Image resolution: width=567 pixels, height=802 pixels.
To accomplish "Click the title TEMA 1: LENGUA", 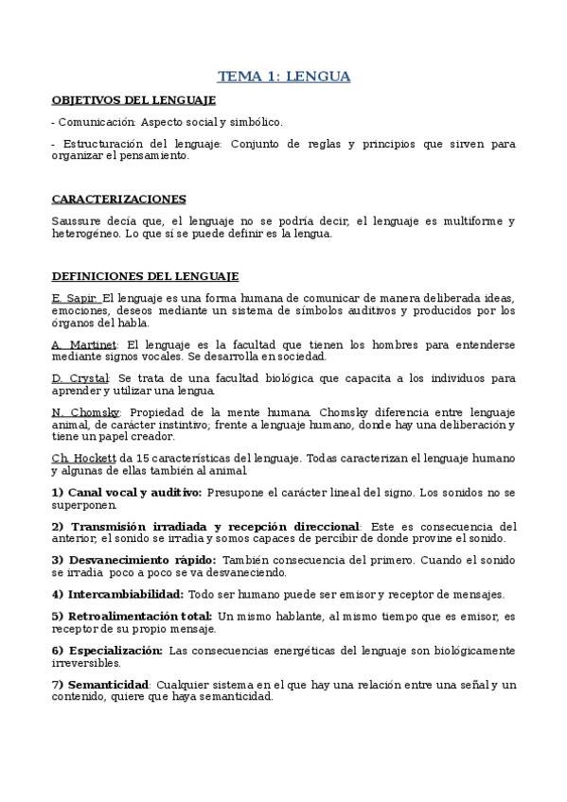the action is (284, 77).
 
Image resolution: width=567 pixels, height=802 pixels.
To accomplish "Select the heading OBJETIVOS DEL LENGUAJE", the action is (133, 99).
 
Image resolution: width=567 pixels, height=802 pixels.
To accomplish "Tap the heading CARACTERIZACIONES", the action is (118, 199).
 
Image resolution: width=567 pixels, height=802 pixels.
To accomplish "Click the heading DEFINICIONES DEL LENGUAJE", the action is (144, 275).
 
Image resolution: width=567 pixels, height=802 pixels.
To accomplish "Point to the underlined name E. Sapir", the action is (75, 298).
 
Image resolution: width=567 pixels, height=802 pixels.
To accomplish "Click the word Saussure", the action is (78, 221).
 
